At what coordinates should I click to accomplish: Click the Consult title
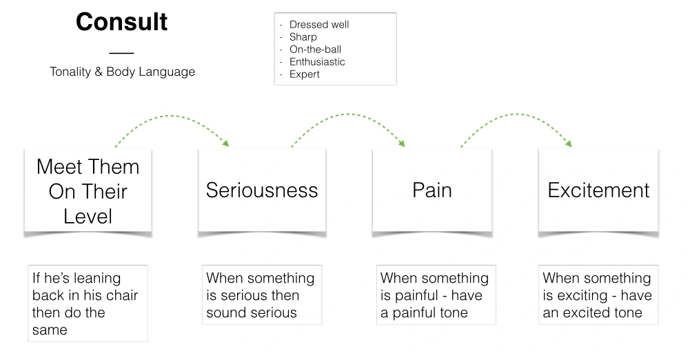tap(121, 22)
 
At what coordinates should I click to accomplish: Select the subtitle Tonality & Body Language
tap(122, 72)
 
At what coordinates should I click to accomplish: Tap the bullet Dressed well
tap(319, 25)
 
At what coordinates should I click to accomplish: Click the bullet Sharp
tap(303, 37)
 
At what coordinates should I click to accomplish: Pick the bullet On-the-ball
tap(315, 50)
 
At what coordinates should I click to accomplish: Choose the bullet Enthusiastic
tap(317, 62)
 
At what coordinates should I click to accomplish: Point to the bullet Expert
tap(304, 74)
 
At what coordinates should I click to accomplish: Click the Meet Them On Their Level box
tap(88, 191)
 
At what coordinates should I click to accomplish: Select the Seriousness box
tap(262, 190)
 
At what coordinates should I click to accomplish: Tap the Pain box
tap(432, 190)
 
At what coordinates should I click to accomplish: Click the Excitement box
tap(598, 190)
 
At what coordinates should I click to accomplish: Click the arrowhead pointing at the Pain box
tap(401, 143)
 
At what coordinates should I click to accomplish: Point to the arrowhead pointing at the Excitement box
tap(569, 143)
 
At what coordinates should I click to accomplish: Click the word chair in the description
tap(121, 296)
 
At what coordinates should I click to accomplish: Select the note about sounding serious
tap(260, 295)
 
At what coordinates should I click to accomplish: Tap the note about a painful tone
tap(434, 295)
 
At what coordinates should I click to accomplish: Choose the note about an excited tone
tap(597, 295)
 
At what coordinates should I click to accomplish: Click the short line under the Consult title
tap(121, 52)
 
